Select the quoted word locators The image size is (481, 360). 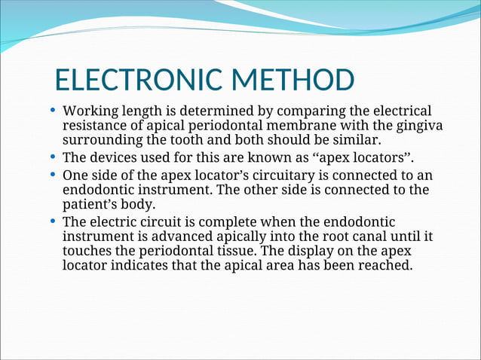point(380,158)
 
